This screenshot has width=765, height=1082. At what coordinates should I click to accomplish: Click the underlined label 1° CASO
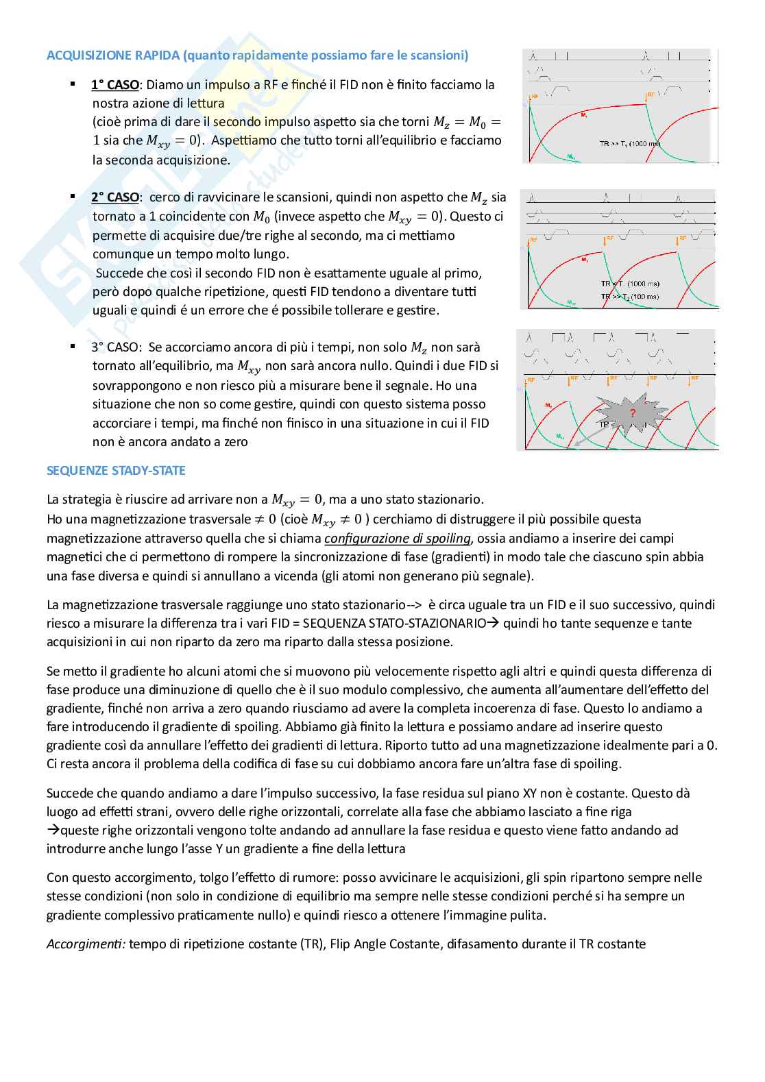point(114,85)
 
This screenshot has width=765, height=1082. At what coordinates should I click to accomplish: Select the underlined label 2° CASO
point(114,197)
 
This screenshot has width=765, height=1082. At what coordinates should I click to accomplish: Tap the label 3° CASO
point(115,347)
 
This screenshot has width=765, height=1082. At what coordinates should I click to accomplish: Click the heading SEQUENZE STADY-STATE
point(116,471)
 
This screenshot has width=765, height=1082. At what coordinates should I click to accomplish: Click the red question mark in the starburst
point(632,413)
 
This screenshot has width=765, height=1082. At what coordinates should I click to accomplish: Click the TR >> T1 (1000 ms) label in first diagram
point(629,144)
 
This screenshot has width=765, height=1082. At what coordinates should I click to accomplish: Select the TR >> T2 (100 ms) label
point(630,296)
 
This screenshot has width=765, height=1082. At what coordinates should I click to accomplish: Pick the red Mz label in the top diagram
point(583,112)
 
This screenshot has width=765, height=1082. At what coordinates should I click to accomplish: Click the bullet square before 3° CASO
point(73,347)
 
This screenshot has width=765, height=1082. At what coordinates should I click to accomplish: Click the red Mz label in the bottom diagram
point(549,406)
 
